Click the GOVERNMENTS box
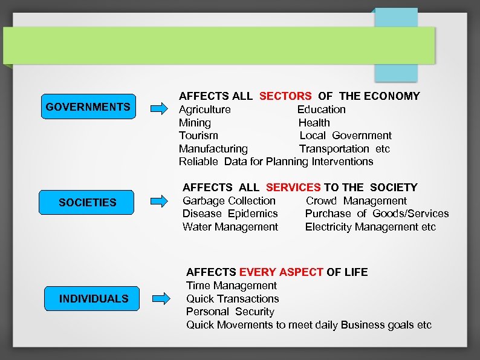(88, 107)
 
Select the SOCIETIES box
(87, 202)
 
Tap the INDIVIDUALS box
(94, 298)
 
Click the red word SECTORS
(285, 96)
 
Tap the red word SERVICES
(293, 188)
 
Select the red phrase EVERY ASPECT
(281, 272)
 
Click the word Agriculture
(204, 110)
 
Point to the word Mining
(195, 123)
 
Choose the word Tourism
(198, 136)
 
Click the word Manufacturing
(213, 149)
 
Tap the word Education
(321, 110)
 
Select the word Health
(314, 123)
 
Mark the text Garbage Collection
(229, 201)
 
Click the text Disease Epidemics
(230, 214)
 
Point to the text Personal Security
(230, 312)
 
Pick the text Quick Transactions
(232, 299)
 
